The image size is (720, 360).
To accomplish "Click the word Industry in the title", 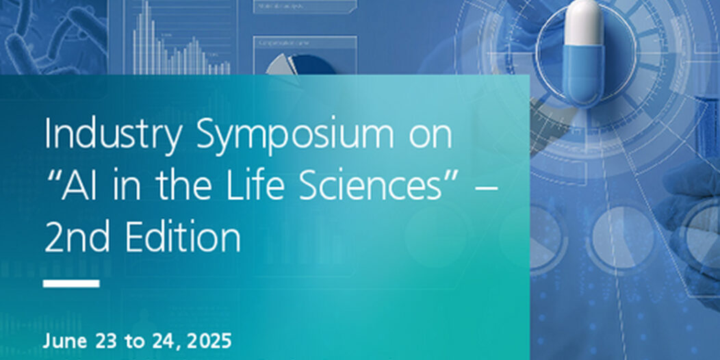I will (114, 136).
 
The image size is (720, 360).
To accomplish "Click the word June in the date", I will (60, 340).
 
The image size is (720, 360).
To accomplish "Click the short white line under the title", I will (71, 283).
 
